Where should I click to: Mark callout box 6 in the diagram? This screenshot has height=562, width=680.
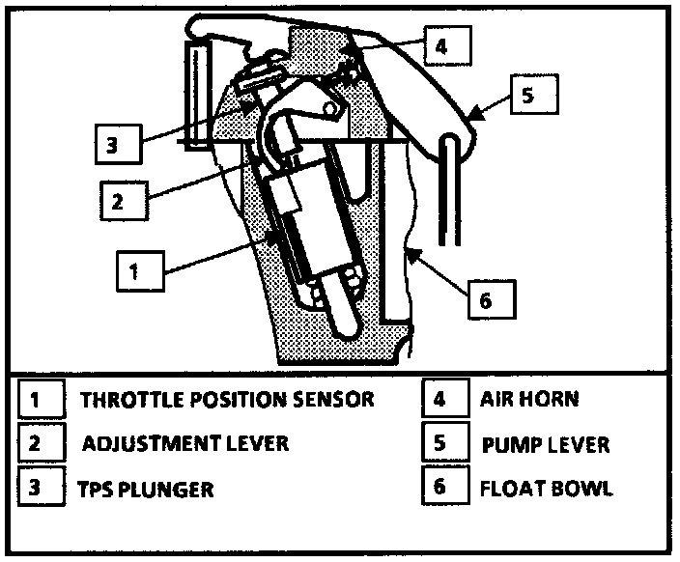[487, 300]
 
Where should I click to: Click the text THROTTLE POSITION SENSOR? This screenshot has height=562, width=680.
[226, 399]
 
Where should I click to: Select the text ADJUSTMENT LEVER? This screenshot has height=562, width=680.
[185, 443]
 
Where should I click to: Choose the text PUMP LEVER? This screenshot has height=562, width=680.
[546, 444]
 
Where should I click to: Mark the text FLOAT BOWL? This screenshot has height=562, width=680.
[546, 488]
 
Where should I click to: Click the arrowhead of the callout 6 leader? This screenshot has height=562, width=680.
[410, 252]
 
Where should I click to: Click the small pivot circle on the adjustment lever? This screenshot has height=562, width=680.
[329, 111]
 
